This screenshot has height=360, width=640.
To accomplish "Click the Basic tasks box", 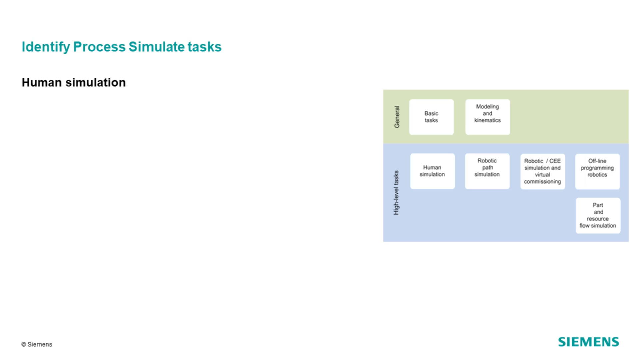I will click(x=431, y=117).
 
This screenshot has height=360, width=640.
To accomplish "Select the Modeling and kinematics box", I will click(x=487, y=117).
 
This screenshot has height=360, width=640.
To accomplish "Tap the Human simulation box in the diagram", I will click(x=432, y=171).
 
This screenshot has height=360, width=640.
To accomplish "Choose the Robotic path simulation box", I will click(x=487, y=171).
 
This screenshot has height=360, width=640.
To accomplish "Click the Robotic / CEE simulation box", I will click(x=542, y=171).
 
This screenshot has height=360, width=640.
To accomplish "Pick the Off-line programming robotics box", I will click(x=597, y=171).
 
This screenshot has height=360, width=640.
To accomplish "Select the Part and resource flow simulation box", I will click(x=598, y=215).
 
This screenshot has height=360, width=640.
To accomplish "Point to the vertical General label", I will click(x=397, y=117).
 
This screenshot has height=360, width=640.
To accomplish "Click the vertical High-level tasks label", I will click(x=396, y=193).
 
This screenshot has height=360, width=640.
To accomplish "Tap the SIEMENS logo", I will click(x=588, y=342).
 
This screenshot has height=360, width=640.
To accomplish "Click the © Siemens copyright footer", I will click(x=37, y=344).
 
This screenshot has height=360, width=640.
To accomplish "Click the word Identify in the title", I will click(x=46, y=47).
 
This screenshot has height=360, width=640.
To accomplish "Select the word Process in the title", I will click(x=99, y=47).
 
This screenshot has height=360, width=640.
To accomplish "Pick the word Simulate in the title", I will click(x=156, y=47).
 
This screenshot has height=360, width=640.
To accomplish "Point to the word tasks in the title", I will click(x=204, y=47).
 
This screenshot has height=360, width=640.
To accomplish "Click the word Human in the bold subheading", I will click(x=42, y=82).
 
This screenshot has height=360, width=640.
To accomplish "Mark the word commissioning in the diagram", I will click(x=542, y=182).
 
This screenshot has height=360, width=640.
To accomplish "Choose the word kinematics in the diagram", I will click(x=487, y=120).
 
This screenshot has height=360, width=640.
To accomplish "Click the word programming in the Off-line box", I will click(x=597, y=168).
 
